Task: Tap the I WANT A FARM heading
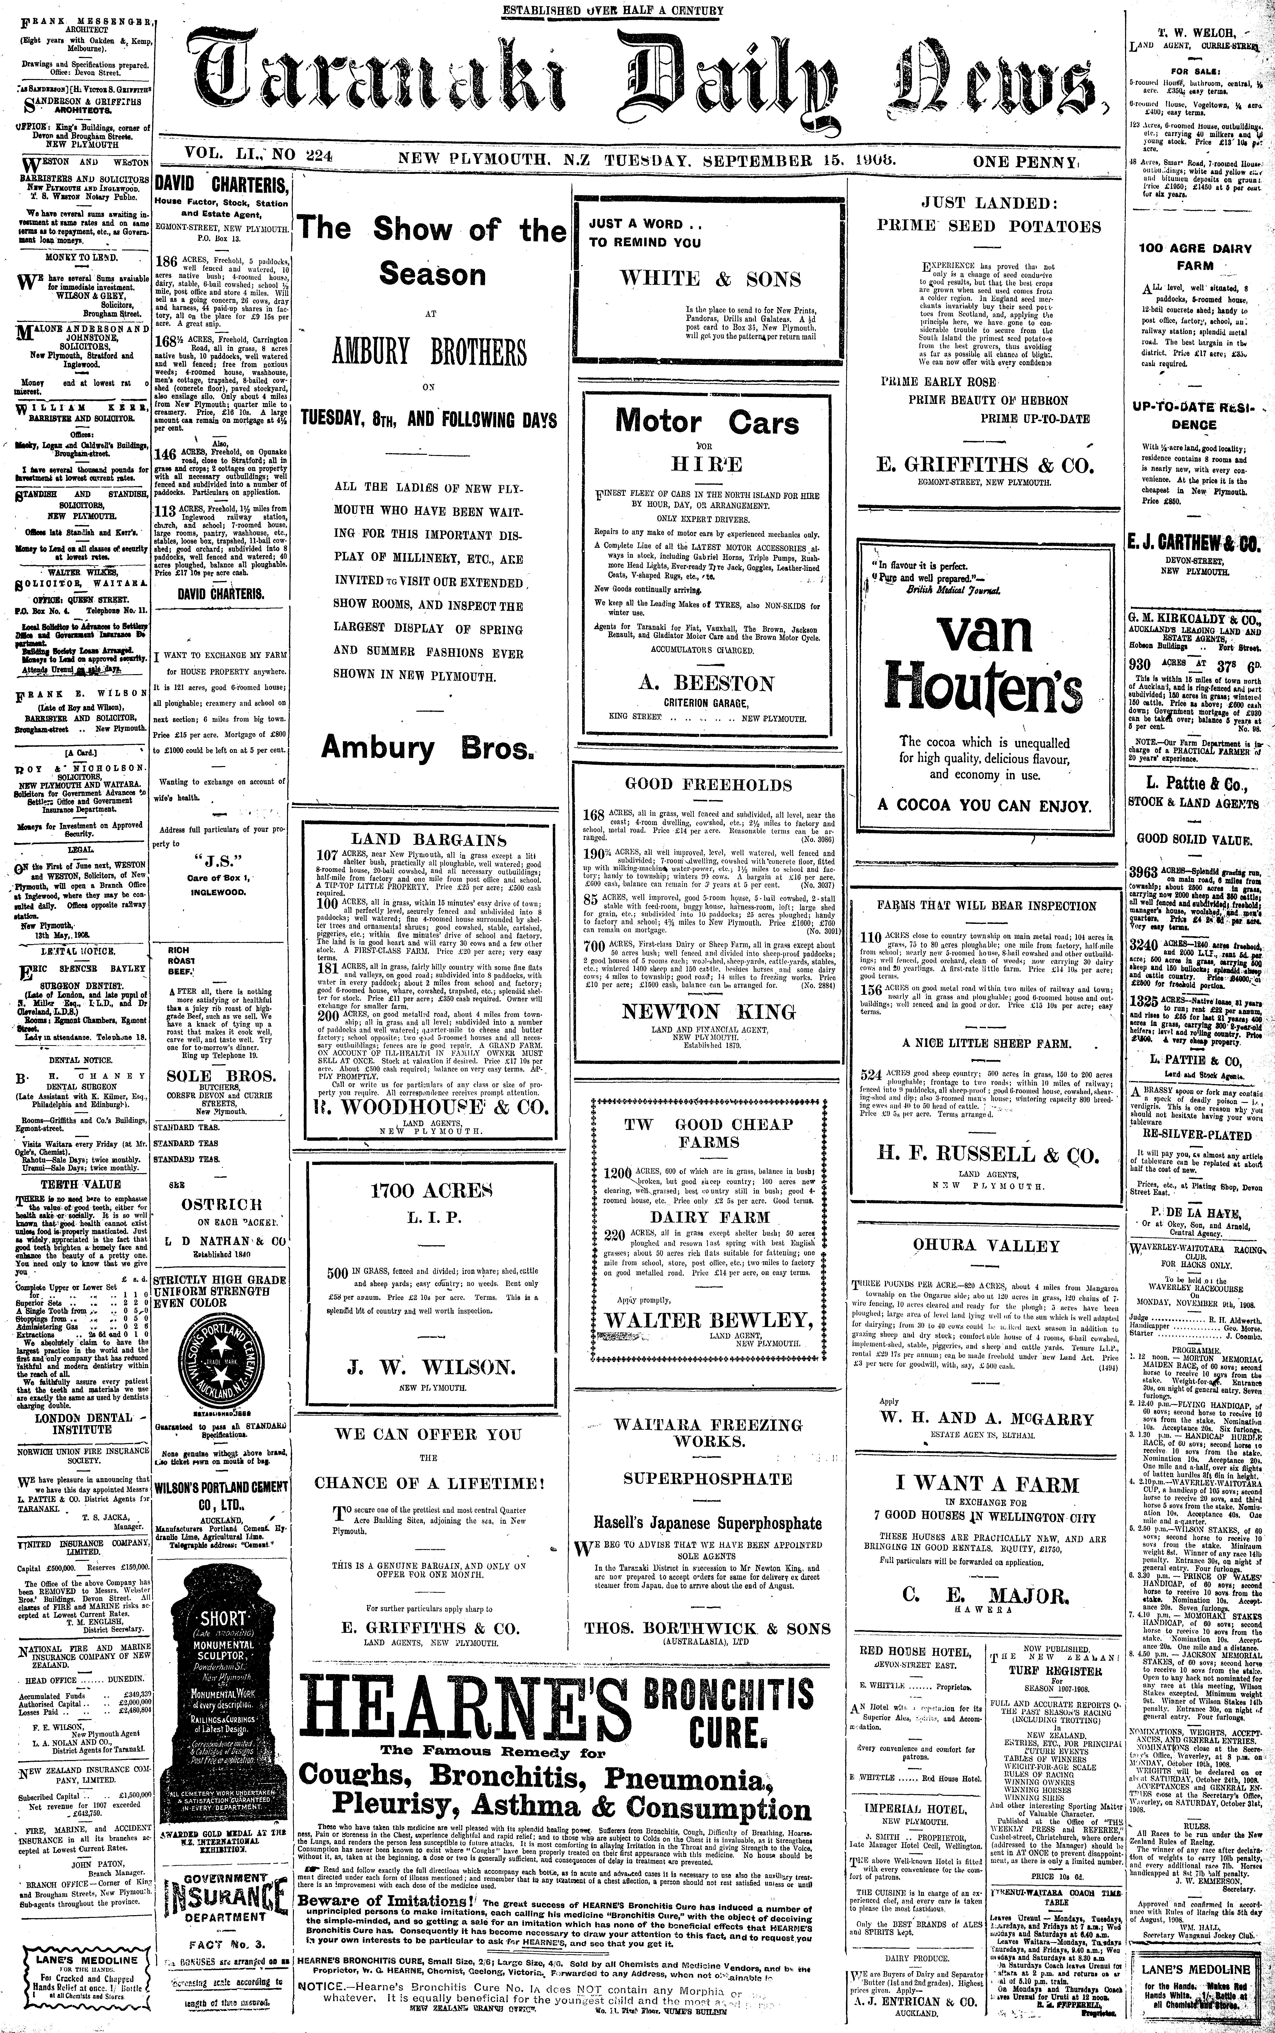coord(986,1482)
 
